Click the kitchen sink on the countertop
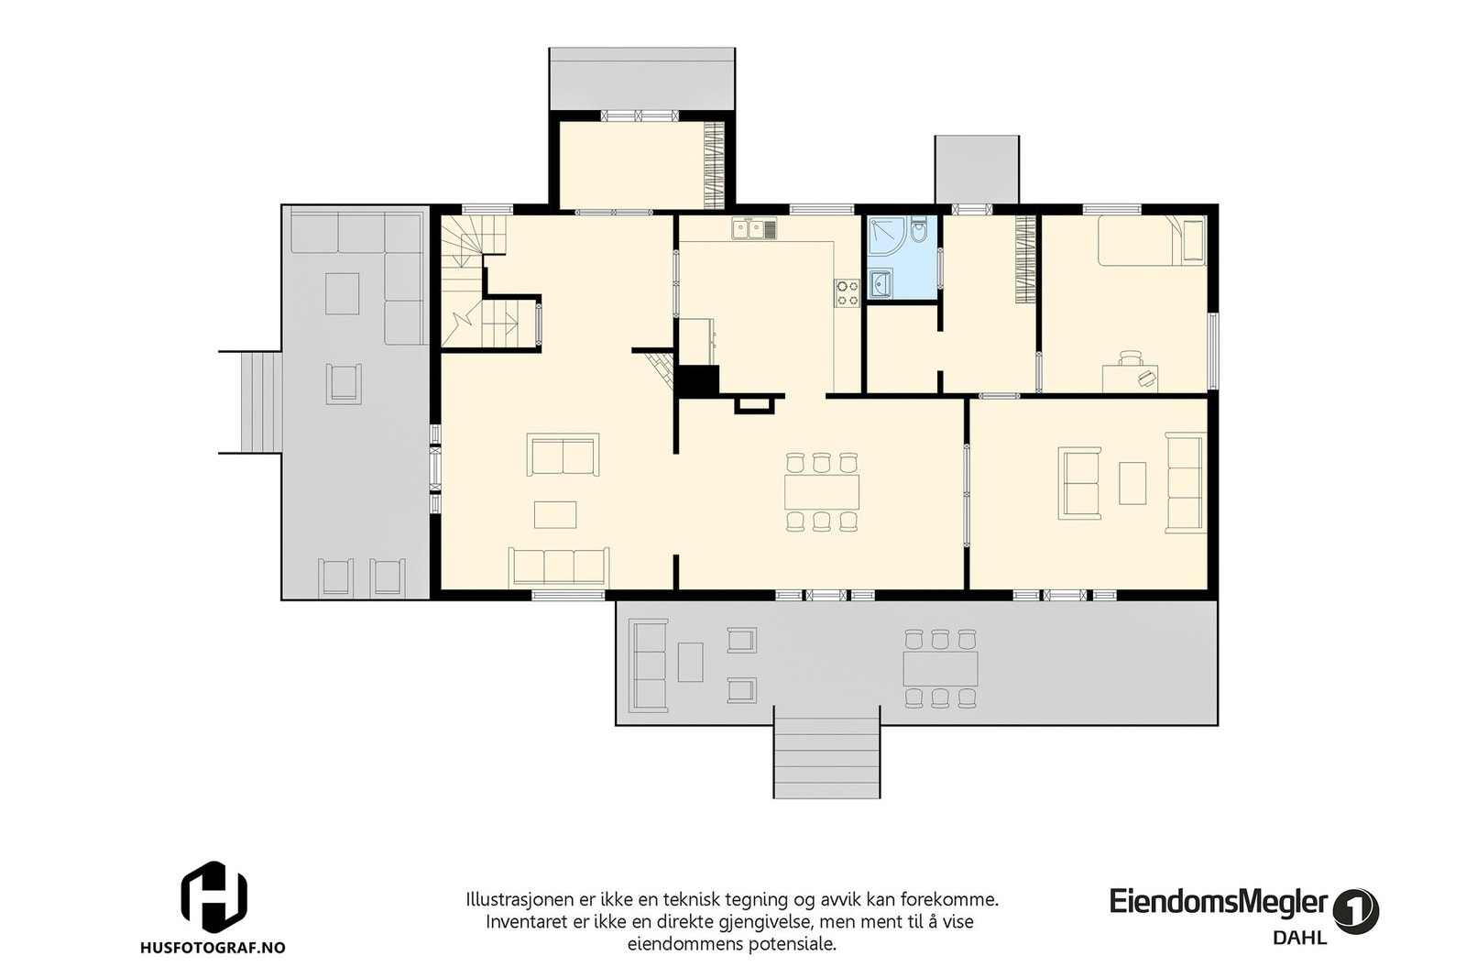(754, 228)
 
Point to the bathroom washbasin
(882, 286)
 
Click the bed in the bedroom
(1152, 241)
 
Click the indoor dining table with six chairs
(822, 492)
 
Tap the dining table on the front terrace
(940, 668)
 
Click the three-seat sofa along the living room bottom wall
(559, 566)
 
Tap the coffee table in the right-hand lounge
(1132, 483)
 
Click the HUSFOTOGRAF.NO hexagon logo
(213, 896)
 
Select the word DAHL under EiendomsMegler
(1299, 938)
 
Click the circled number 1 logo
(1356, 911)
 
